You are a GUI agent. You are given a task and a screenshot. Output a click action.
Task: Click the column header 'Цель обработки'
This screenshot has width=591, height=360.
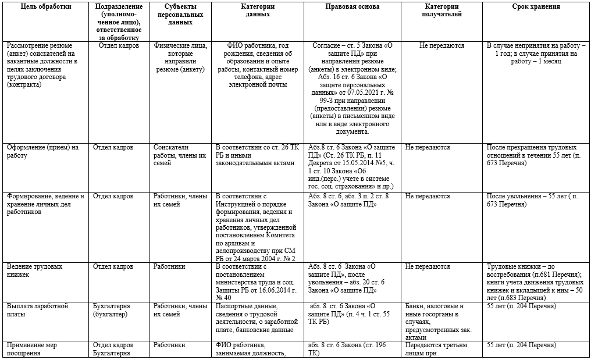45,7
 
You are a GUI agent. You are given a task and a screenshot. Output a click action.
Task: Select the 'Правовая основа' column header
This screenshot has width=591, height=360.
353,7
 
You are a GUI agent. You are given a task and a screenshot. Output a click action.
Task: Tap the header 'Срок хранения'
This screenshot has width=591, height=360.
536,7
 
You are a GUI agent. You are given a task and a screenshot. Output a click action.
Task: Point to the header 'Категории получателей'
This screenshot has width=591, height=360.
443,10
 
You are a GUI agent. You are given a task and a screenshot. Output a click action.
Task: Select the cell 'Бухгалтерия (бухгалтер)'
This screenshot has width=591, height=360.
112,309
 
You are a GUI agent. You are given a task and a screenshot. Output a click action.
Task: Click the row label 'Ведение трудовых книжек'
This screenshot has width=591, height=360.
34,270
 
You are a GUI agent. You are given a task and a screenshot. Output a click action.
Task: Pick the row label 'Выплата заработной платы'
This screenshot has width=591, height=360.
38,309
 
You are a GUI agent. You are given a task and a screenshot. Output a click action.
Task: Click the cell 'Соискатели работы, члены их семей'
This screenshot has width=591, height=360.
179,155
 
